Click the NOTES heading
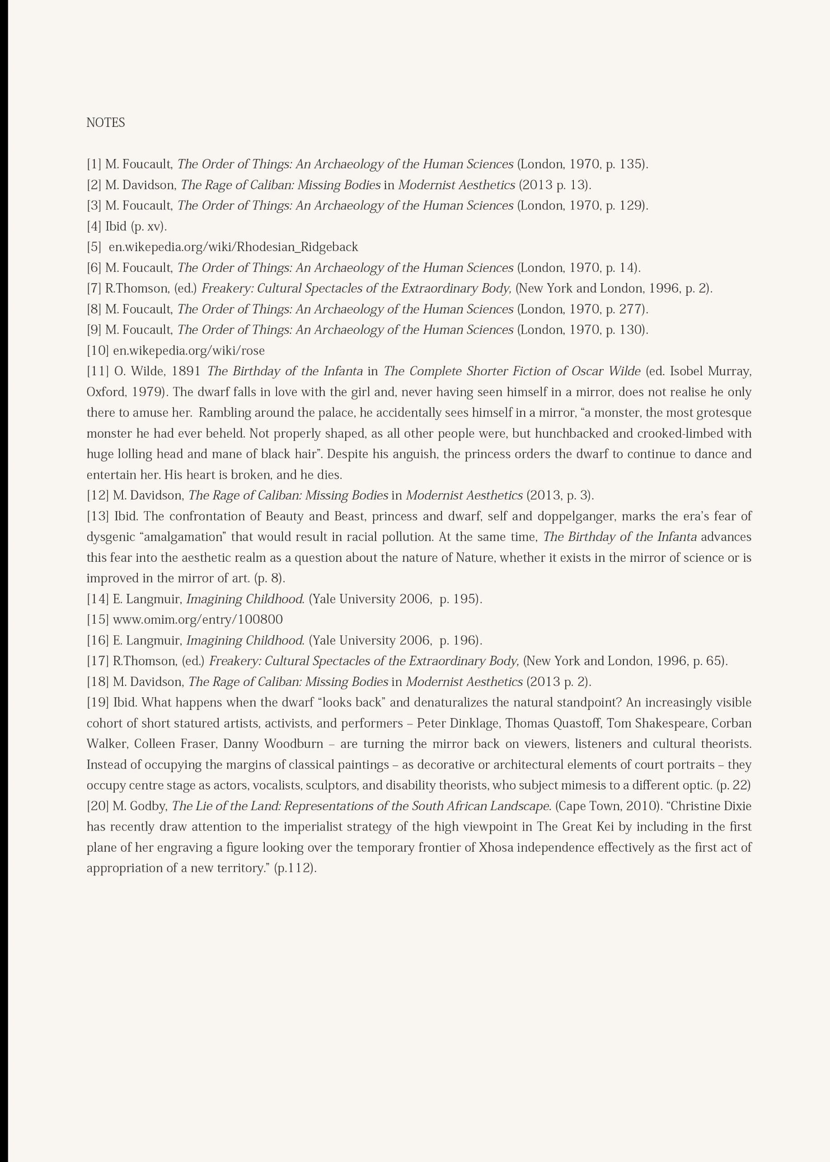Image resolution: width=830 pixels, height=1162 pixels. (x=105, y=122)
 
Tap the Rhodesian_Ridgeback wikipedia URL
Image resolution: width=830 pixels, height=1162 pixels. (x=233, y=247)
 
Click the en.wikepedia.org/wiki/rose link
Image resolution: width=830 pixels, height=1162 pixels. (x=188, y=351)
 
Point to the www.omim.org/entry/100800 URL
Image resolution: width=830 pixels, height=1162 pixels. (x=197, y=620)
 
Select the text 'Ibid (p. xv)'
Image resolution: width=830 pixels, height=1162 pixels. (x=136, y=226)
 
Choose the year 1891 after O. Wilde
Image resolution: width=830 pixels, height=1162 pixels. (x=186, y=371)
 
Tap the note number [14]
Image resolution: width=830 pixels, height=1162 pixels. (x=98, y=599)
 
